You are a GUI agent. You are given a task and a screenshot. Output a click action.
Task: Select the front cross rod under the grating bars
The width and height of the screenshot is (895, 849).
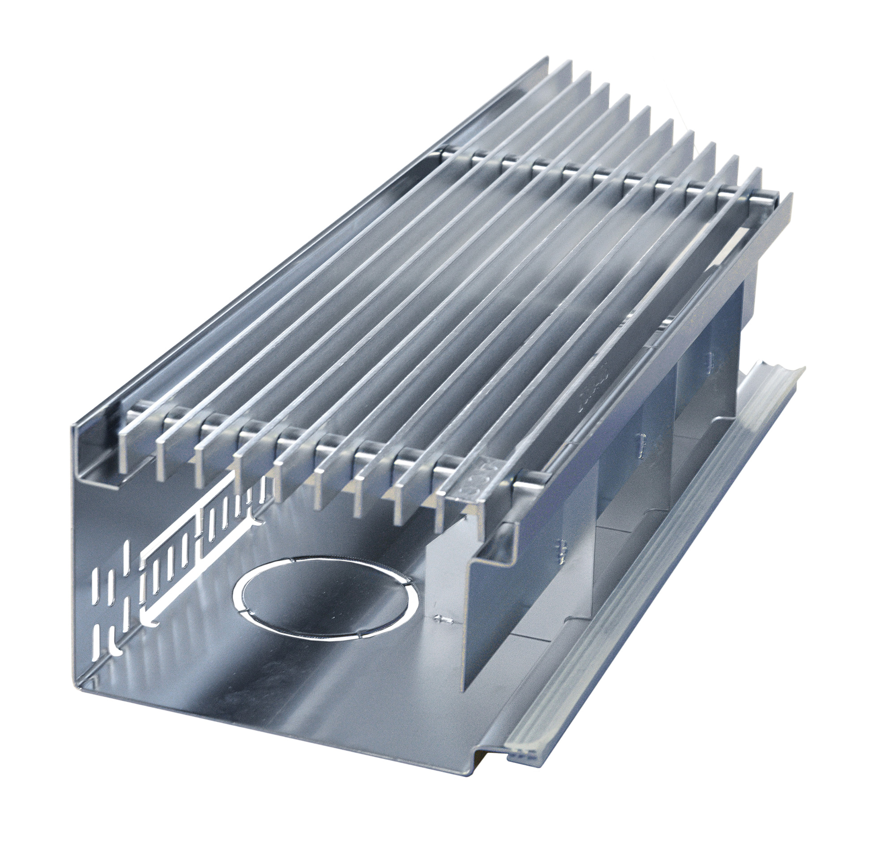[317, 446]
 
